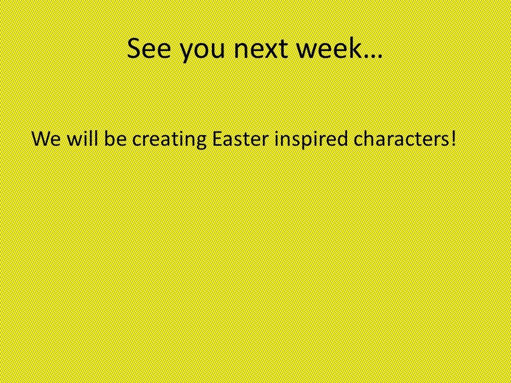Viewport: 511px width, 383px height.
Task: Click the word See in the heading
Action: [x=149, y=48]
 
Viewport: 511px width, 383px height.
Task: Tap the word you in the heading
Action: [x=202, y=52]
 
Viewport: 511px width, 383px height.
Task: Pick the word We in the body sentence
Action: [x=46, y=139]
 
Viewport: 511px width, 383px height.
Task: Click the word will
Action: [x=83, y=138]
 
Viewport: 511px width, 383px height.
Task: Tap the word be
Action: [x=116, y=138]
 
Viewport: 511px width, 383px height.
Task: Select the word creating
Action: [x=169, y=140]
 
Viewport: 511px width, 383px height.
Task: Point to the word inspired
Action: [x=311, y=140]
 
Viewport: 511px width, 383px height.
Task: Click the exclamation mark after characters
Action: [x=452, y=139]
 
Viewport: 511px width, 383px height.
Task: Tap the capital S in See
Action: [x=134, y=48]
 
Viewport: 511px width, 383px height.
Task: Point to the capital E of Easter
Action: [x=217, y=139]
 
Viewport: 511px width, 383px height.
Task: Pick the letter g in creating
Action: [x=201, y=143]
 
